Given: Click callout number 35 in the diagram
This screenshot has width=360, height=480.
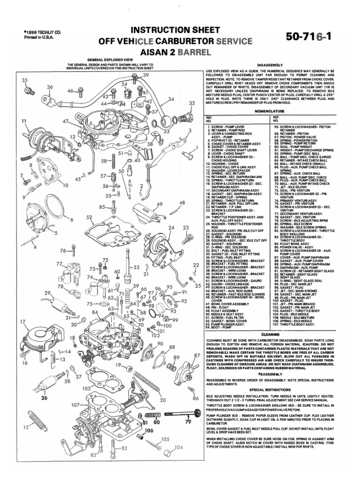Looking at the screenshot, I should (25, 80).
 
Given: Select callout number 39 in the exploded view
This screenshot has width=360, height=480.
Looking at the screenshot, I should (146, 75).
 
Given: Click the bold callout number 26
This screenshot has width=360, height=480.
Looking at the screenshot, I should (45, 398).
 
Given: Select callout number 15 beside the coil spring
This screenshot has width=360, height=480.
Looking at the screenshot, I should (26, 427).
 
